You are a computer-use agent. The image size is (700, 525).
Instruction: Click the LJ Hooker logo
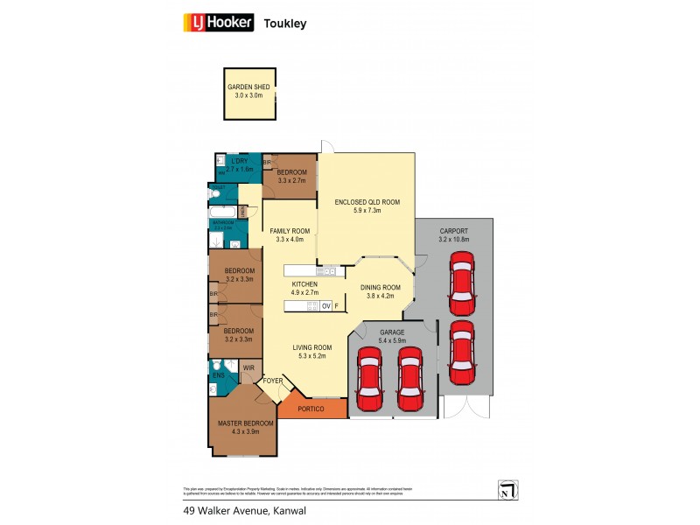tap(217, 23)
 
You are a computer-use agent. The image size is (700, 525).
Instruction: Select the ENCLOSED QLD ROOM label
tap(367, 202)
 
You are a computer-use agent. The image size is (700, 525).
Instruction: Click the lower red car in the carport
tap(461, 352)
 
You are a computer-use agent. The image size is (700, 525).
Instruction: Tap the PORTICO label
tap(311, 409)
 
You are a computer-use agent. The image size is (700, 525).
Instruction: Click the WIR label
tap(248, 367)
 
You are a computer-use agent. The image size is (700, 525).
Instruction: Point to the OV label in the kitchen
tap(325, 306)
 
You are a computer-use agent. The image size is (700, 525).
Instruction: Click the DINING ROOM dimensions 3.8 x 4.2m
tap(381, 296)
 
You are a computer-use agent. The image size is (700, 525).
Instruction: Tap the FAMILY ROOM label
tap(289, 230)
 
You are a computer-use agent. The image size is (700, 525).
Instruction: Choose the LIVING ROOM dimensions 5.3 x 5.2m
tap(311, 356)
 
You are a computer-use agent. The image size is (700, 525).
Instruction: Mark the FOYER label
tap(273, 381)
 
